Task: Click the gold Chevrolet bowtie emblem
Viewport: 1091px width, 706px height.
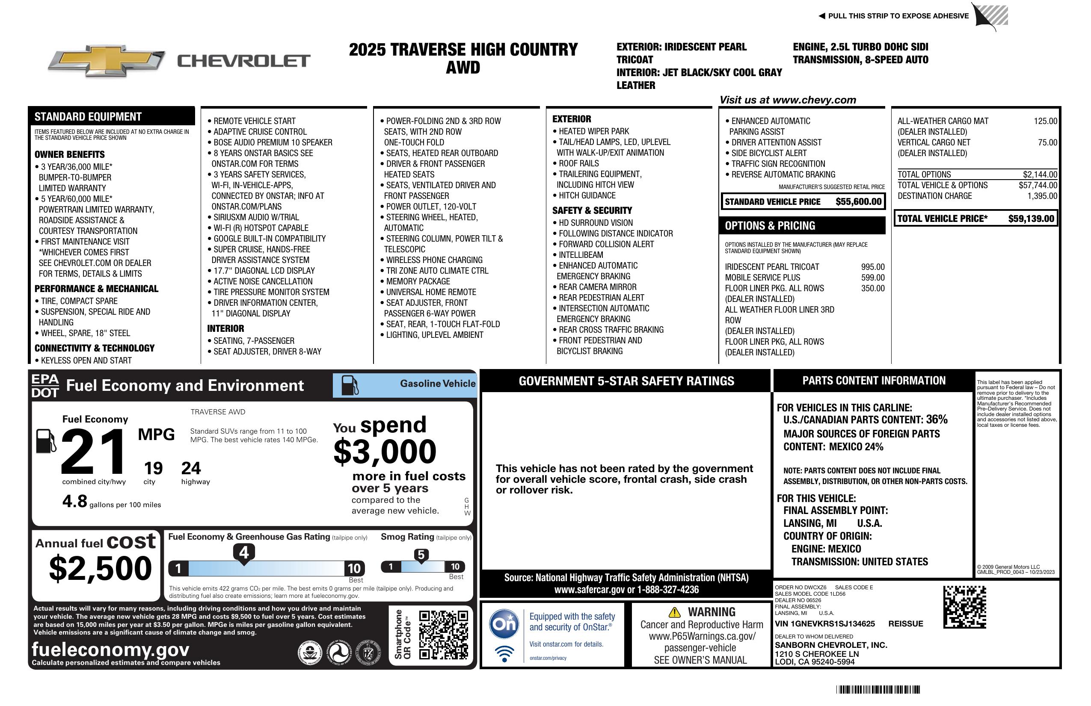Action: coord(107,61)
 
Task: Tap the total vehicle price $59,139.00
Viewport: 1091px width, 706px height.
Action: coord(1031,219)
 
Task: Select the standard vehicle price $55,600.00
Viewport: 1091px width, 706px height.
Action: coord(858,201)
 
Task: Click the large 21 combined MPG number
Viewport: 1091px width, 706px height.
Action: coord(93,452)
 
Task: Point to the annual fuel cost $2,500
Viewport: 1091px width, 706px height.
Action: coord(100,568)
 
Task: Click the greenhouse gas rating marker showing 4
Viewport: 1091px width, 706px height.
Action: coord(244,553)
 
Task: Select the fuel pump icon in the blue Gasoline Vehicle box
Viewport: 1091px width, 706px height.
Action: coord(350,385)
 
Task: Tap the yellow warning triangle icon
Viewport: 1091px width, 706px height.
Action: coord(674,612)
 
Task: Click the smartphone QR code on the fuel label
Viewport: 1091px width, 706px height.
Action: coord(443,635)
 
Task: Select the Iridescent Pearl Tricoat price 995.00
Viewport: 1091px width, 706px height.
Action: coord(872,267)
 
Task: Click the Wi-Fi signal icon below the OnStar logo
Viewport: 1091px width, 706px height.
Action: coord(504,653)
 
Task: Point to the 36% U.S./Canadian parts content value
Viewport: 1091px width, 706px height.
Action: coord(937,419)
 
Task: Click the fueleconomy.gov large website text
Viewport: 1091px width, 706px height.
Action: coord(110,650)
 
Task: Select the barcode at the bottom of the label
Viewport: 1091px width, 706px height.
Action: coord(878,689)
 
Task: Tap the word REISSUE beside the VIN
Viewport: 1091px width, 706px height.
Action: coord(905,623)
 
